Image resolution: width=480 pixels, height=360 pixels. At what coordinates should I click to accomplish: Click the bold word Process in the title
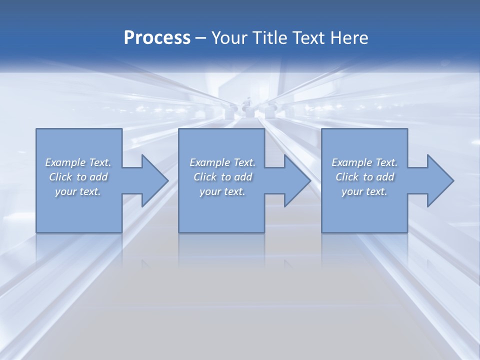pos(157,38)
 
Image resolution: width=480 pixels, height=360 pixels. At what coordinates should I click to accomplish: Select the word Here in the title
pos(348,38)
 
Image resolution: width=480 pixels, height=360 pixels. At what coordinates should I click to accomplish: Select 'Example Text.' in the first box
pos(78,162)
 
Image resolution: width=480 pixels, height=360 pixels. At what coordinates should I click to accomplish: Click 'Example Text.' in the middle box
pos(222,162)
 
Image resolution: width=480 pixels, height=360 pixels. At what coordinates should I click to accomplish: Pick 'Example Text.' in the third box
pos(364,162)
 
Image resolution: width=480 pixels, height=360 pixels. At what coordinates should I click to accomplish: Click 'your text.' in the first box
pos(78,191)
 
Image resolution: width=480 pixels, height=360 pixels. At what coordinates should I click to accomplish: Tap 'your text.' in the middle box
pos(222,191)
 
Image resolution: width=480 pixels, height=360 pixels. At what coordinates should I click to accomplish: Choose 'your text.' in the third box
pos(364,191)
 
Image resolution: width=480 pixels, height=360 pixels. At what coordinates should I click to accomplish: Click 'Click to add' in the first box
pos(78,177)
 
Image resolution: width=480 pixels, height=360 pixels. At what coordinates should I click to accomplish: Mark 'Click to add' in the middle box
pos(222,177)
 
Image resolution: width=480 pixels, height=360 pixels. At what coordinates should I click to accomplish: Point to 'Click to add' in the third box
pos(364,177)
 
